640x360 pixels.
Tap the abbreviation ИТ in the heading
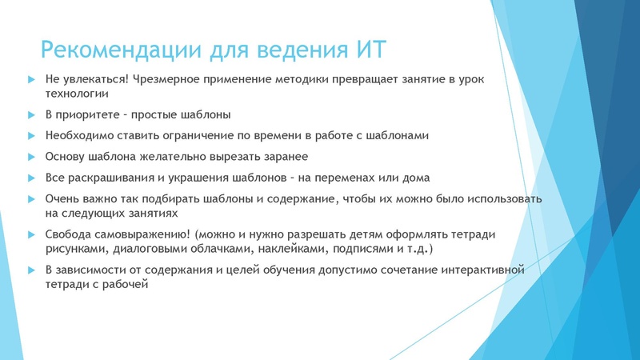click(370, 50)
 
